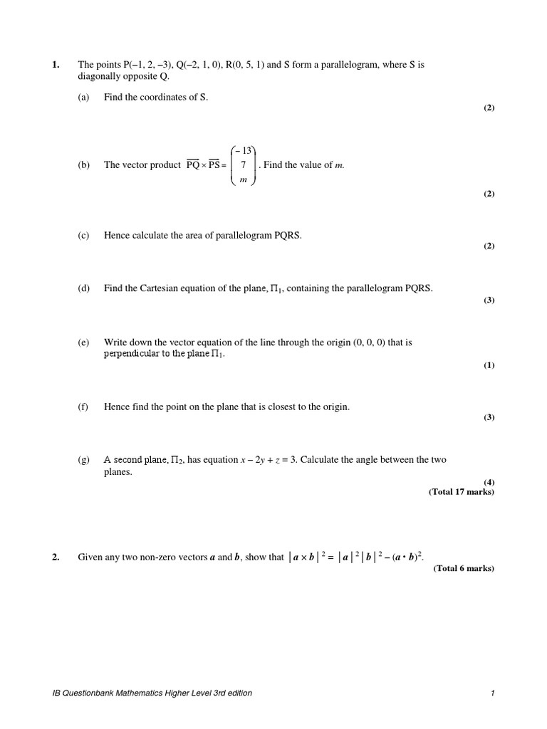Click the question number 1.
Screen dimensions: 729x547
tap(56, 65)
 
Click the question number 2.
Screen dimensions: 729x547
tap(56, 557)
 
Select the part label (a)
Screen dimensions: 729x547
tap(83, 97)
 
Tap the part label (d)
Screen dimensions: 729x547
tap(83, 288)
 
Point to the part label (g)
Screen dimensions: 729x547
tap(83, 460)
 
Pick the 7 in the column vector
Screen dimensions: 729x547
tap(243, 164)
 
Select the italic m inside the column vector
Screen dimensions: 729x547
tap(243, 179)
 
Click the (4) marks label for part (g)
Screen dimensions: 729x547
tap(489, 482)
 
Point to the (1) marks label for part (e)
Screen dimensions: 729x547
tap(489, 365)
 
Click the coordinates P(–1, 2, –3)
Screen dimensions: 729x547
tap(146, 65)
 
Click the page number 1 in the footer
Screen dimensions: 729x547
tap(492, 693)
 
